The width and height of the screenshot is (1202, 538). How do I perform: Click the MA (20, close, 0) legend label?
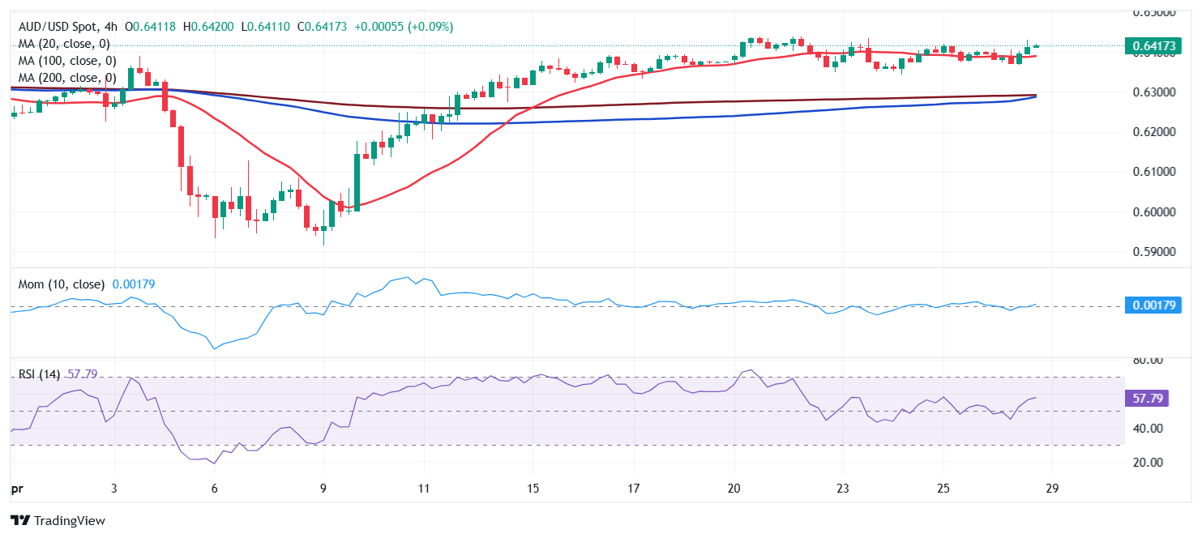click(x=64, y=44)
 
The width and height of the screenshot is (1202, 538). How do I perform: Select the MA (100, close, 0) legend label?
click(x=67, y=61)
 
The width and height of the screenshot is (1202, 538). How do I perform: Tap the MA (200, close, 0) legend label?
click(x=67, y=78)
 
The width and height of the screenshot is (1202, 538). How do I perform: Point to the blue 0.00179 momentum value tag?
click(x=1153, y=305)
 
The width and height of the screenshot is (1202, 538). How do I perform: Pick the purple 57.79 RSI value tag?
click(x=1149, y=399)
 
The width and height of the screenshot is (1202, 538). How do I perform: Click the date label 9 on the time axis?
click(x=323, y=489)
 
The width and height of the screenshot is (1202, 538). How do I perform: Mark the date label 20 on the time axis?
click(x=734, y=489)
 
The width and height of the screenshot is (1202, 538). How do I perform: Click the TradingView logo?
click(x=58, y=521)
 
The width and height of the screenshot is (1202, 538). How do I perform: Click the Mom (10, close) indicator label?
click(x=62, y=284)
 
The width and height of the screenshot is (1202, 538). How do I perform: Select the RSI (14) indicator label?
click(x=41, y=374)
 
